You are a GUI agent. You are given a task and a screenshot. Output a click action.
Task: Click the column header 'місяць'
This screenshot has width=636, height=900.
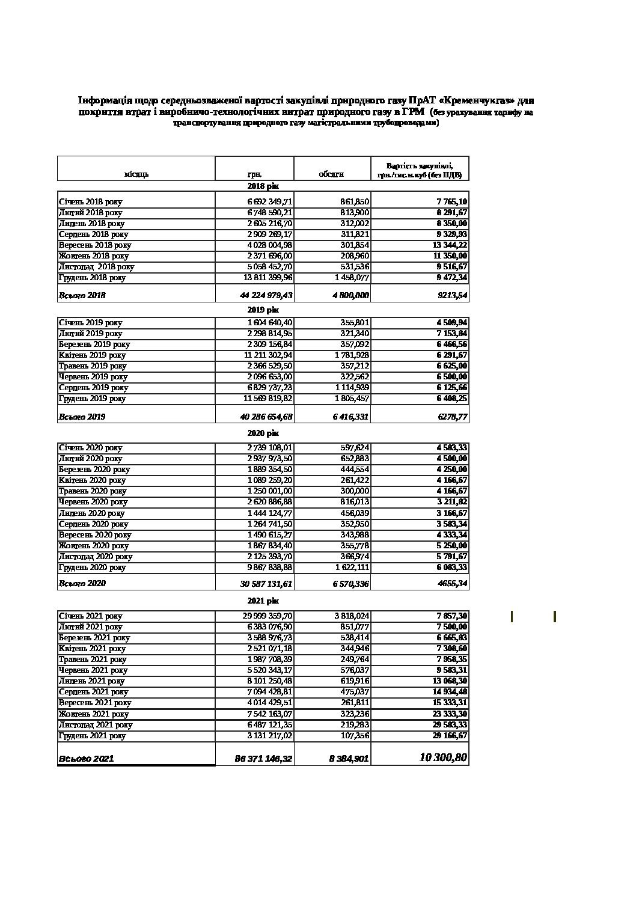[x=136, y=174]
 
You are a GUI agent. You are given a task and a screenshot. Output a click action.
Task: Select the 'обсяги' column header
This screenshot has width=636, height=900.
[x=331, y=174]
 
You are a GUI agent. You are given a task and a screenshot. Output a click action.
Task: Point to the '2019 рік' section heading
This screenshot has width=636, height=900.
[x=263, y=310]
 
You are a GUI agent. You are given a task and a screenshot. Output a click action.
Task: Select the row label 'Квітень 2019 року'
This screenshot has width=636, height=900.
[x=92, y=355]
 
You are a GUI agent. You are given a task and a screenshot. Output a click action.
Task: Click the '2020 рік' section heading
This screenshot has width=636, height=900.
[x=263, y=433]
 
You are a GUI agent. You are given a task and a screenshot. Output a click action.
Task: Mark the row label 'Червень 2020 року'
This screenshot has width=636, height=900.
[x=93, y=502]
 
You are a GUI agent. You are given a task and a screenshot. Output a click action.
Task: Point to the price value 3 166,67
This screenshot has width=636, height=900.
[x=452, y=513]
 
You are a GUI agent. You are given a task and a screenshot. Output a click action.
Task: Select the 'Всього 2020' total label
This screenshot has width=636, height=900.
[x=82, y=583]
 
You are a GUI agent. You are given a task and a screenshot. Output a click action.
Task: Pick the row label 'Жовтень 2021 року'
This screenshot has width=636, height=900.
[x=93, y=714]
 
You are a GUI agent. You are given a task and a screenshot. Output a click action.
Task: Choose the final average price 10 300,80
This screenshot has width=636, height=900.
[x=442, y=758]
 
